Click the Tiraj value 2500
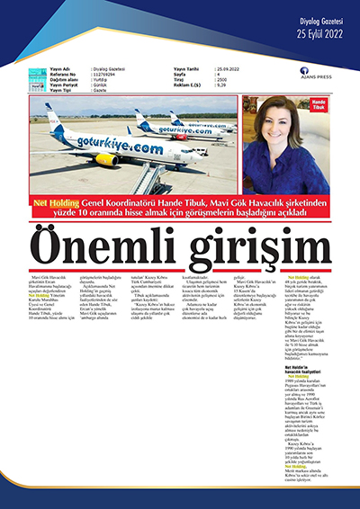[221, 78]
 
